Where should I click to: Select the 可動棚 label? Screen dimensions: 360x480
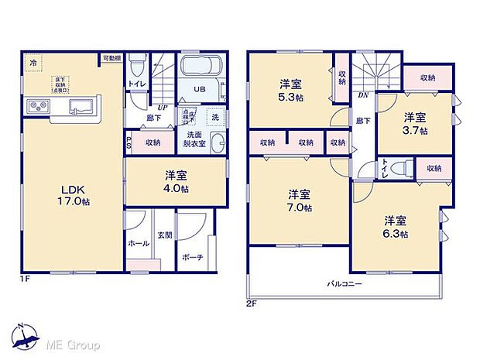(111, 58)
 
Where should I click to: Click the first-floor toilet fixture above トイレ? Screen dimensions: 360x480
(136, 64)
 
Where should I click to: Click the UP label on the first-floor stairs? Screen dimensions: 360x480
(163, 107)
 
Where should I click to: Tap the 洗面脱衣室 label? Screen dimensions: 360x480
(194, 139)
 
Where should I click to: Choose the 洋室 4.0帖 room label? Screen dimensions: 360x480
(175, 180)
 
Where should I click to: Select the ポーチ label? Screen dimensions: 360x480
(194, 256)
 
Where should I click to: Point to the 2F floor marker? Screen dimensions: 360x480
(252, 303)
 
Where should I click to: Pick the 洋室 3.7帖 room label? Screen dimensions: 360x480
(414, 122)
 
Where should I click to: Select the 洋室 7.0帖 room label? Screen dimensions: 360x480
(297, 200)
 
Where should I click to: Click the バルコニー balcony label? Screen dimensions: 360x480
(345, 284)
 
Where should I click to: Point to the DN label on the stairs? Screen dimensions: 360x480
(362, 96)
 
